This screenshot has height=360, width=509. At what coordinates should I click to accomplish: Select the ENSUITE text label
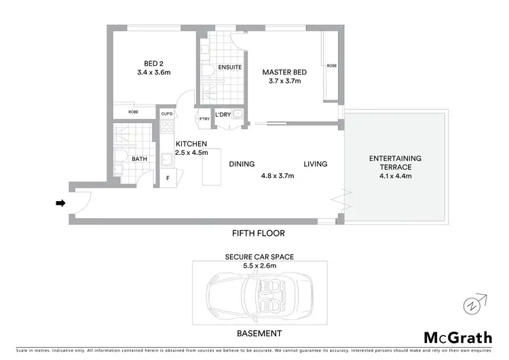[x=225, y=69]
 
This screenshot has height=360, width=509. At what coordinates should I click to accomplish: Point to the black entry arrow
[x=60, y=202]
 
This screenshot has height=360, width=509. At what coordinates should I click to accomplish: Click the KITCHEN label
[x=191, y=144]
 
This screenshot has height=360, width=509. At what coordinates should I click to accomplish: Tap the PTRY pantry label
[x=204, y=120]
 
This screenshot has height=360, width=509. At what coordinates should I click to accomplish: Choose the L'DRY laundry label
[x=223, y=115]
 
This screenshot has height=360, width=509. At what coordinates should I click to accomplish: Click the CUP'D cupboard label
[x=166, y=114]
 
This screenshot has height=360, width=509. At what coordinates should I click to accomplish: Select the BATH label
[x=139, y=159]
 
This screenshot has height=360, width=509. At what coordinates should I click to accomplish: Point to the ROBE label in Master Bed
[x=331, y=66]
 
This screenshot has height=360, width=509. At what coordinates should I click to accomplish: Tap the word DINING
[x=242, y=164]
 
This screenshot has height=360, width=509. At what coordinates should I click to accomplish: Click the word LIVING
[x=316, y=164]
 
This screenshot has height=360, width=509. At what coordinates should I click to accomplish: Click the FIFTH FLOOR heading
[x=258, y=233]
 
